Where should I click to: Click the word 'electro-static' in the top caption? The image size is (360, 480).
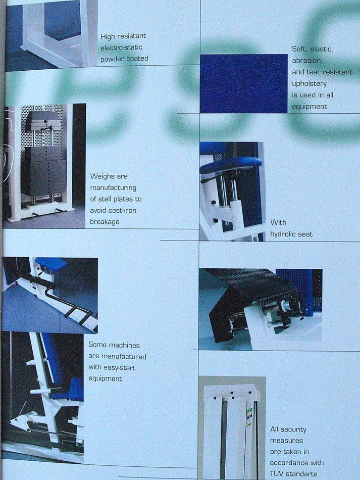click(121, 47)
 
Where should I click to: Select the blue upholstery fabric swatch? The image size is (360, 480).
click(244, 83)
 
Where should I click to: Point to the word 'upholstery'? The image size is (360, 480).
click(309, 83)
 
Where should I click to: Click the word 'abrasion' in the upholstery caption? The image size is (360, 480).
click(307, 61)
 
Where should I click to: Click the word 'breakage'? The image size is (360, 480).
click(105, 222)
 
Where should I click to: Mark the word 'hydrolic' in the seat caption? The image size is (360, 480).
click(283, 234)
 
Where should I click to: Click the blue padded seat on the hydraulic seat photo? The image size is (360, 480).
click(231, 164)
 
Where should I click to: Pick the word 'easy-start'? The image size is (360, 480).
click(120, 368)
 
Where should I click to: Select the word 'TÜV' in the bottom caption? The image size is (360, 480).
click(276, 473)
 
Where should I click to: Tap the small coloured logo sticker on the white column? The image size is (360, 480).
click(249, 414)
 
